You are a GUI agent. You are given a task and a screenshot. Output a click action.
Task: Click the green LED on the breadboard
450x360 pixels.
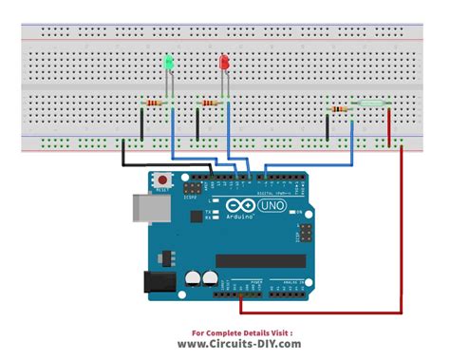(169, 64)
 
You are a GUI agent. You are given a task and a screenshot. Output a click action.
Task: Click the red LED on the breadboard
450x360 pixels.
(225, 64)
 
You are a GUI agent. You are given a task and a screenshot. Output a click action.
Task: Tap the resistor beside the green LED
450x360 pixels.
(153, 102)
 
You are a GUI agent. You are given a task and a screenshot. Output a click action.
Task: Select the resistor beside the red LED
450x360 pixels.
(210, 103)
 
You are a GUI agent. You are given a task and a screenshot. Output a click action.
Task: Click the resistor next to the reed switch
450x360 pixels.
(339, 108)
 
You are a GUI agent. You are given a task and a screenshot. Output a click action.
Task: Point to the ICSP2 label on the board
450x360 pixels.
(190, 198)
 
